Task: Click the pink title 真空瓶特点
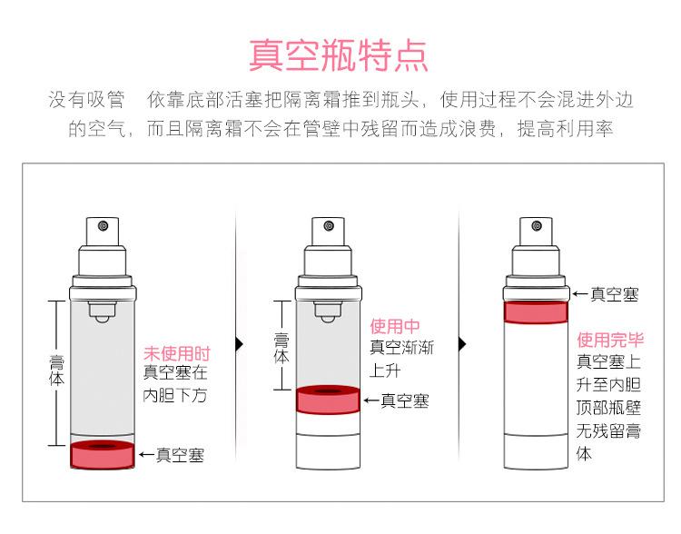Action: [x=339, y=55]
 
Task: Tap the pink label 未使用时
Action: [x=177, y=353]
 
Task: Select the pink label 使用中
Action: [x=395, y=325]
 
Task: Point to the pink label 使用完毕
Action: [x=610, y=340]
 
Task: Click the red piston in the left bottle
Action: [x=103, y=455]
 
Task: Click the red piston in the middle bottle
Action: [x=328, y=400]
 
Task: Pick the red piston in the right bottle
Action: [x=536, y=312]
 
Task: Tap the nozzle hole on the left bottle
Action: [x=104, y=226]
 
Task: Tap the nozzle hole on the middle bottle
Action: [x=329, y=226]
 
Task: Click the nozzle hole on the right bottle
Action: [x=537, y=226]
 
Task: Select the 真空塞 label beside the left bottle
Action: [x=180, y=455]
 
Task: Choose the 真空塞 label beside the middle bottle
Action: [x=405, y=400]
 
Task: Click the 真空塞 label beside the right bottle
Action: [x=614, y=294]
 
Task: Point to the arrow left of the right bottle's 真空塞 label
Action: [x=580, y=294]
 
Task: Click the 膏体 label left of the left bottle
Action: [x=57, y=371]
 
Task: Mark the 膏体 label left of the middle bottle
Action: [x=281, y=348]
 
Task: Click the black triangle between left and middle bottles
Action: [x=240, y=343]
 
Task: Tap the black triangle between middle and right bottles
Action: [x=462, y=344]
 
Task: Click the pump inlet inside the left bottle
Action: [x=103, y=312]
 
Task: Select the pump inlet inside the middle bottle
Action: [x=328, y=312]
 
